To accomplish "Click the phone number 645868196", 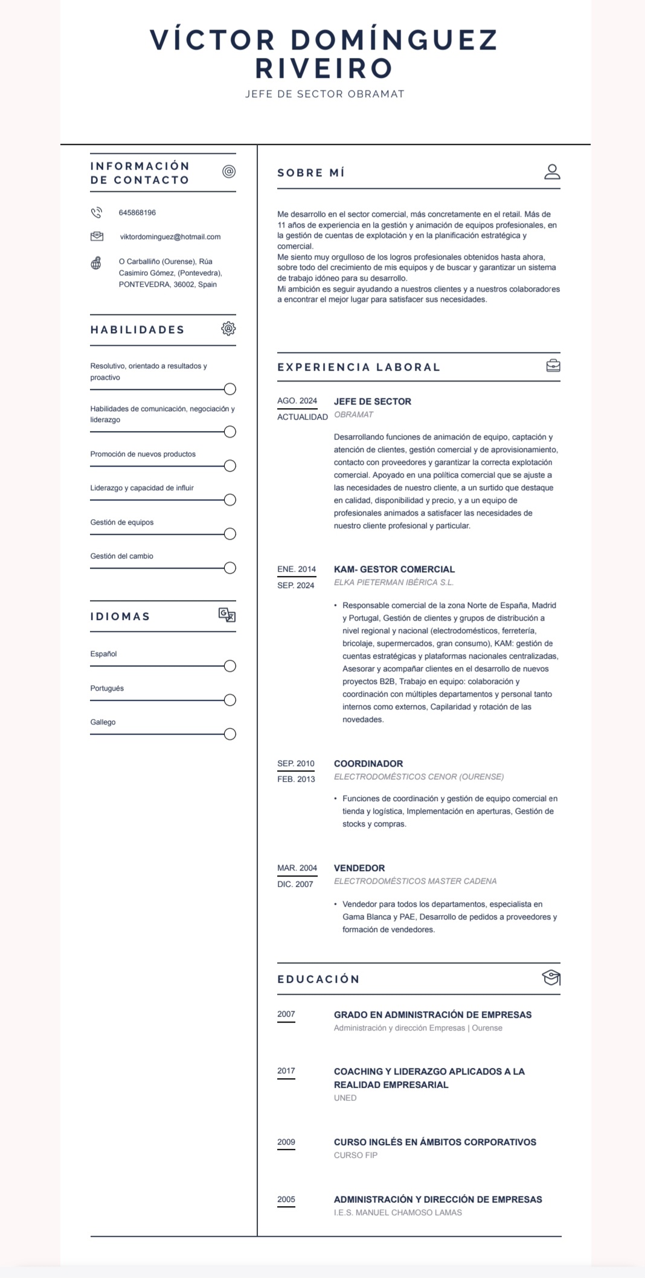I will pyautogui.click(x=137, y=212).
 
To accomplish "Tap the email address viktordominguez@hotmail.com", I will pyautogui.click(x=170, y=237).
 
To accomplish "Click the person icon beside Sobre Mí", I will pyautogui.click(x=552, y=172).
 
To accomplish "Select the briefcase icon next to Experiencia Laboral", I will pyautogui.click(x=553, y=366).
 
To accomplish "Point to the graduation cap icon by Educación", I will pyautogui.click(x=551, y=977).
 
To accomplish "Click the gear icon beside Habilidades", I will pyautogui.click(x=228, y=329).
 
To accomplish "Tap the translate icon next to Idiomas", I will pyautogui.click(x=227, y=615).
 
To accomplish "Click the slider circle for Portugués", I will pyautogui.click(x=229, y=700).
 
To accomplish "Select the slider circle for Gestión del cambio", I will pyautogui.click(x=229, y=568).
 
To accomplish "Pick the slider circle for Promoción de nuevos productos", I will pyautogui.click(x=229, y=466).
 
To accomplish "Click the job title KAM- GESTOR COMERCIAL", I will pyautogui.click(x=394, y=569).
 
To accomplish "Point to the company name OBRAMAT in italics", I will pyautogui.click(x=353, y=415).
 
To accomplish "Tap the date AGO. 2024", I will pyautogui.click(x=297, y=401).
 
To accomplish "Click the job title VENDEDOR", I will pyautogui.click(x=359, y=868).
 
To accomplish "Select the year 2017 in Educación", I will pyautogui.click(x=286, y=1071).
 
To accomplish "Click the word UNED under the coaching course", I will pyautogui.click(x=345, y=1097).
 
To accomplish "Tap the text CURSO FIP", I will pyautogui.click(x=356, y=1155).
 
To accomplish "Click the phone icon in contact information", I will pyautogui.click(x=96, y=212).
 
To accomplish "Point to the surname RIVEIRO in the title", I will pyautogui.click(x=324, y=68).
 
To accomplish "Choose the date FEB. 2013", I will pyautogui.click(x=296, y=779).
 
